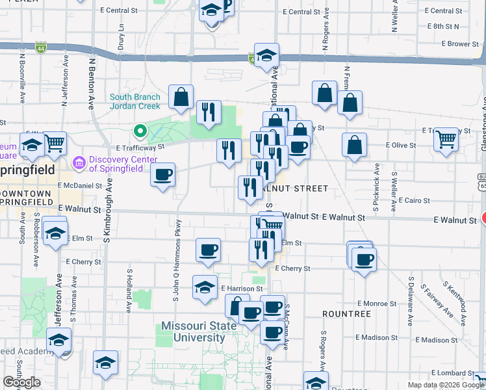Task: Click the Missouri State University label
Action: (193, 331)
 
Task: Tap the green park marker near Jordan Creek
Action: (140, 131)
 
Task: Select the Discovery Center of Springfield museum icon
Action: (80, 161)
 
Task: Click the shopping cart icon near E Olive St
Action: (446, 139)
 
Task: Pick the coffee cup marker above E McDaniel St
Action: (162, 174)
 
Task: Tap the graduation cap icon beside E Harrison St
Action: (205, 287)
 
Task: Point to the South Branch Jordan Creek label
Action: (134, 101)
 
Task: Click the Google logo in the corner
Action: (21, 382)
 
